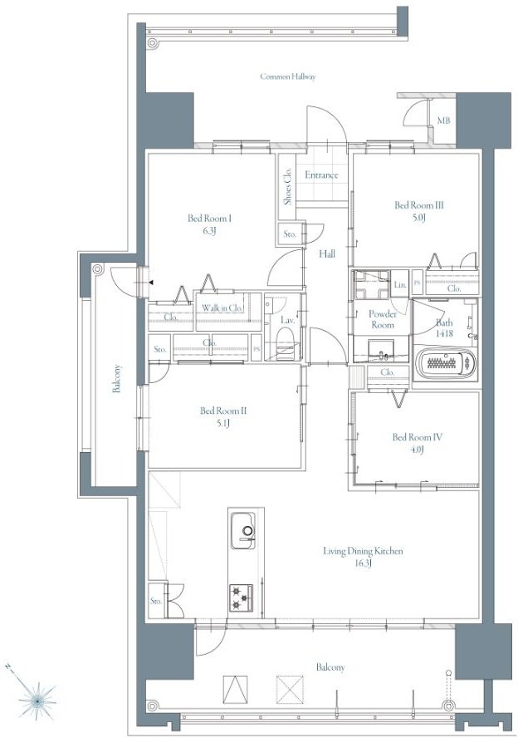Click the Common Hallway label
click(x=288, y=76)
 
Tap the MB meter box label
click(x=443, y=121)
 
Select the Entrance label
click(x=321, y=175)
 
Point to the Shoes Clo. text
click(x=287, y=186)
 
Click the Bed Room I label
click(x=209, y=218)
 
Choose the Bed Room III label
click(x=419, y=205)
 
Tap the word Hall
click(x=326, y=253)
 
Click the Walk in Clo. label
click(x=222, y=308)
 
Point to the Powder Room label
click(x=383, y=319)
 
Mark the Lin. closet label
click(x=400, y=284)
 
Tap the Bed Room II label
click(x=223, y=411)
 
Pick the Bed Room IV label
click(x=417, y=436)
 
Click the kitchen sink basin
click(x=243, y=531)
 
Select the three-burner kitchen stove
click(x=242, y=598)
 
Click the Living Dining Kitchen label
click(x=363, y=551)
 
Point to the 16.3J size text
click(x=363, y=563)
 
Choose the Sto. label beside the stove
click(x=156, y=601)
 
